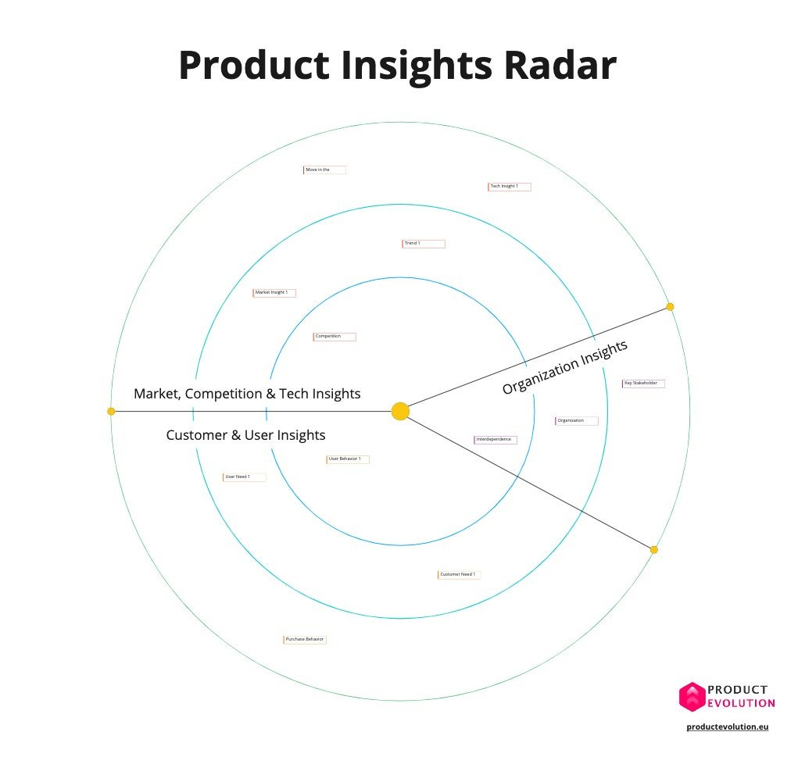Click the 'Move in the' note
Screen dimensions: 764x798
tap(324, 170)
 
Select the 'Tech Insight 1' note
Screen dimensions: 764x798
tap(509, 187)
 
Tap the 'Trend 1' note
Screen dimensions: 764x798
tap(423, 244)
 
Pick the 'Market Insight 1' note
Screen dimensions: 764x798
tap(274, 293)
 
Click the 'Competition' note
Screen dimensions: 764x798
tap(334, 337)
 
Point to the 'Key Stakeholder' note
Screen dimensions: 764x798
tap(643, 384)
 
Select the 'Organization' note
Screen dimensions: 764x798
tap(576, 421)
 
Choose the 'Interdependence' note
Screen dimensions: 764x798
tap(495, 440)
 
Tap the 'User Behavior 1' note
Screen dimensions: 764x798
tap(347, 459)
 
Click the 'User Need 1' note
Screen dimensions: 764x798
tap(244, 477)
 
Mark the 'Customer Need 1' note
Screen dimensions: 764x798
tap(459, 575)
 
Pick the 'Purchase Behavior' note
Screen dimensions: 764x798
tap(304, 640)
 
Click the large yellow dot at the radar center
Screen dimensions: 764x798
tap(400, 411)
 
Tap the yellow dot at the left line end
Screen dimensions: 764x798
tap(111, 411)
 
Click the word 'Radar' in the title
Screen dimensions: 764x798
tap(559, 66)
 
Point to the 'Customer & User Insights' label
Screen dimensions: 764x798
tap(245, 435)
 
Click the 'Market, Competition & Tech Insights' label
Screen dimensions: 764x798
tap(247, 394)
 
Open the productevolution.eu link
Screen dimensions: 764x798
tap(728, 727)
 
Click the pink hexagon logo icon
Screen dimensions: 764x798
tap(692, 697)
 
